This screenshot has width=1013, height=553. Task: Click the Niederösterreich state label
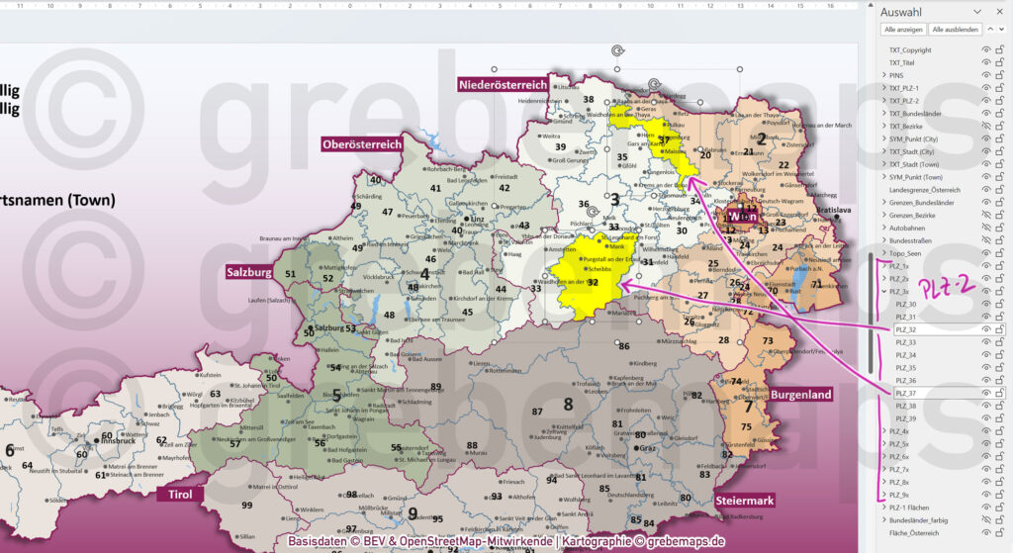[x=503, y=85]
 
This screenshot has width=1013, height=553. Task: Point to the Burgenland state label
[x=801, y=394]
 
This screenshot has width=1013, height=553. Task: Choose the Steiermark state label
[x=746, y=501]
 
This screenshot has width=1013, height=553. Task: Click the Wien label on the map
[x=741, y=216]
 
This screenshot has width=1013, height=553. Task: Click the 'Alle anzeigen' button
[x=904, y=30]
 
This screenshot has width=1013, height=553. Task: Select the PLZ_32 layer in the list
[x=905, y=329]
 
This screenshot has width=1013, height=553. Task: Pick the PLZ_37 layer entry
[x=905, y=394]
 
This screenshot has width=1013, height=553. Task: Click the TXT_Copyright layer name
[x=910, y=49]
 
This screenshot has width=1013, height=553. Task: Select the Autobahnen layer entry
[x=908, y=227]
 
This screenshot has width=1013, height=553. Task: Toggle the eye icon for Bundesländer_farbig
[x=985, y=519]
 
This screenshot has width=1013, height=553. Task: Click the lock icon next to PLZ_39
[x=1000, y=418]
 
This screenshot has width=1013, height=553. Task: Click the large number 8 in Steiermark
[x=568, y=404]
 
